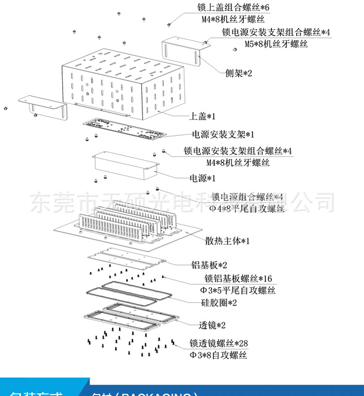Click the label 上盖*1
pyautogui.click(x=202, y=116)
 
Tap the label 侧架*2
pyautogui.click(x=239, y=73)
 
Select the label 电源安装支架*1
pyautogui.click(x=223, y=134)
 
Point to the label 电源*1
pyautogui.click(x=202, y=178)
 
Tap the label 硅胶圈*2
pyautogui.click(x=219, y=303)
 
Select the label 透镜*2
pyautogui.click(x=212, y=325)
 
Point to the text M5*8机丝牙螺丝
pyautogui.click(x=276, y=44)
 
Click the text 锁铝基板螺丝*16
pyautogui.click(x=238, y=279)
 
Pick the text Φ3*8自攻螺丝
pyautogui.click(x=218, y=356)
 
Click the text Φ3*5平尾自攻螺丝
pyautogui.click(x=238, y=291)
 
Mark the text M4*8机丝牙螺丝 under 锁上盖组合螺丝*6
pyautogui.click(x=233, y=20)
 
